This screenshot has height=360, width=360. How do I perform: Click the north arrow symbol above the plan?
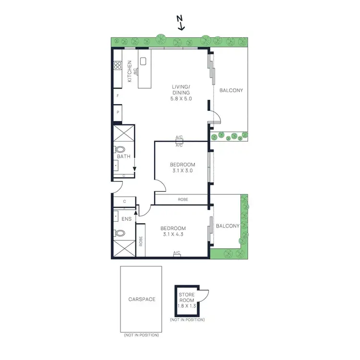[180, 23]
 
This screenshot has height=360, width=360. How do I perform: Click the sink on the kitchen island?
[143, 61]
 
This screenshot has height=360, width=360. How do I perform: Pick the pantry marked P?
[118, 113]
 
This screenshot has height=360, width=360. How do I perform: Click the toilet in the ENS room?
[120, 234]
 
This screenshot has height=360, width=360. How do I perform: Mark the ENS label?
[126, 219]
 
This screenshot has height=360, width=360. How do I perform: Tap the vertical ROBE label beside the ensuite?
[141, 240]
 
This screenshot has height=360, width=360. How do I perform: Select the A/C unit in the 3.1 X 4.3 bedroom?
[177, 255]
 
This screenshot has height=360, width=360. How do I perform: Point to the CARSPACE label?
[142, 299]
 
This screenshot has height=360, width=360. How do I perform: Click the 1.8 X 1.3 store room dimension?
[187, 305]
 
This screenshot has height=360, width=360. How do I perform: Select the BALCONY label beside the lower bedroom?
[228, 226]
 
